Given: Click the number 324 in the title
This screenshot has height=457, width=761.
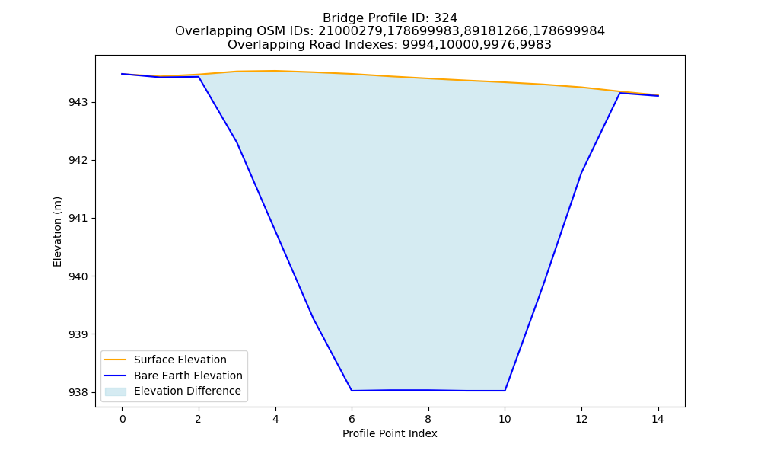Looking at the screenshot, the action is tap(445, 18).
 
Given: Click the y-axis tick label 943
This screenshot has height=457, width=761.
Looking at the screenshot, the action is tap(78, 103).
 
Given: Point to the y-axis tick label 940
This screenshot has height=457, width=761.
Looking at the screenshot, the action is tap(78, 276).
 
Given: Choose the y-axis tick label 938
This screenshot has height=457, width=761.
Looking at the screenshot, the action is tap(78, 392).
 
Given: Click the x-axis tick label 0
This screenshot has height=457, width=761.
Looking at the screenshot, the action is tap(123, 419).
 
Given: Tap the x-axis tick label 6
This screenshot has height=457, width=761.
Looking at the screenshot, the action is tap(352, 419).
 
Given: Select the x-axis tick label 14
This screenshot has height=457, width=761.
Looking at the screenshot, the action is tap(658, 419).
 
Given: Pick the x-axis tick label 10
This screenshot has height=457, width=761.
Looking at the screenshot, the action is tap(505, 419).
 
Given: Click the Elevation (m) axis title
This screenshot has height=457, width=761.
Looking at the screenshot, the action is tap(57, 232).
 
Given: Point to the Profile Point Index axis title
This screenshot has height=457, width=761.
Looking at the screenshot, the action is tap(390, 433).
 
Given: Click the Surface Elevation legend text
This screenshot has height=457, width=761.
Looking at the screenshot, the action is tap(180, 360).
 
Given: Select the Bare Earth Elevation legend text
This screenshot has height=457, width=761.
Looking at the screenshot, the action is tap(188, 376).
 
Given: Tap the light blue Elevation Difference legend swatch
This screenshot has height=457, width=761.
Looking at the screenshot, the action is tap(116, 391).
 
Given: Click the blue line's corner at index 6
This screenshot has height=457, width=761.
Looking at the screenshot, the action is tap(352, 391).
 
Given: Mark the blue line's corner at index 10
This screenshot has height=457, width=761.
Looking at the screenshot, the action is tap(505, 391).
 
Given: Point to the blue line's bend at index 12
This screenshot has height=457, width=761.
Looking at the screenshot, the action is tap(581, 172).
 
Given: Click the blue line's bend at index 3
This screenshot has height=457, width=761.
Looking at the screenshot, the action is tap(237, 142).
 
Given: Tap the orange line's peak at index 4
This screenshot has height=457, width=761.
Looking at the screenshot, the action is tap(275, 71).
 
